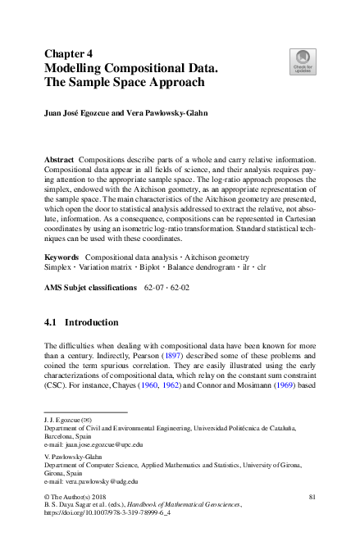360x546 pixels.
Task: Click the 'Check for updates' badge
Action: pyautogui.click(x=302, y=61)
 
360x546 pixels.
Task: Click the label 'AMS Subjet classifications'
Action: pyautogui.click(x=90, y=288)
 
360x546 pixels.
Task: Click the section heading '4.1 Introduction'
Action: pyautogui.click(x=80, y=323)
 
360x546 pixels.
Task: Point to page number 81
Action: pyautogui.click(x=312, y=498)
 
